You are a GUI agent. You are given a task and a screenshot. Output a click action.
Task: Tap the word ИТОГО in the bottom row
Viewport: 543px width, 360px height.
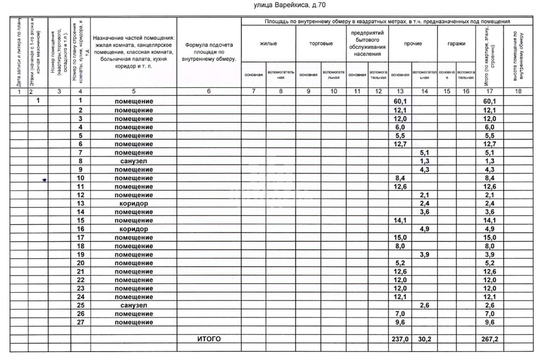[209, 339]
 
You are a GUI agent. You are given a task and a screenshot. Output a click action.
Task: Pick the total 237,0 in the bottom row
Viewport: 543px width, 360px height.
[399, 339]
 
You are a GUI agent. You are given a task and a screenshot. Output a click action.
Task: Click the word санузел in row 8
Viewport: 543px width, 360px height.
[134, 161]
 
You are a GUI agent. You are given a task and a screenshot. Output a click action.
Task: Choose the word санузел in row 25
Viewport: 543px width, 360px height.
[134, 305]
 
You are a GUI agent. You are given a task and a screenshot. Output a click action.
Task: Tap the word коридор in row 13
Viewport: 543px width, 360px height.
[134, 203]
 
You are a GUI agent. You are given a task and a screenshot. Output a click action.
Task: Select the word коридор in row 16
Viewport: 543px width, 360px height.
[134, 229]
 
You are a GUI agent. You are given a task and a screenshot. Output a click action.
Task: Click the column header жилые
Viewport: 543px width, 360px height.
[269, 43]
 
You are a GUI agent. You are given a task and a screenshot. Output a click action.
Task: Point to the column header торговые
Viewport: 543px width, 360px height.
[321, 43]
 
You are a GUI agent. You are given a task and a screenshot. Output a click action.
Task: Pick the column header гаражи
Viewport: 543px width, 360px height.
[456, 43]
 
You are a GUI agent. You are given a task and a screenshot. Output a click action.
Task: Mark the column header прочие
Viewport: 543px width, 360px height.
[413, 43]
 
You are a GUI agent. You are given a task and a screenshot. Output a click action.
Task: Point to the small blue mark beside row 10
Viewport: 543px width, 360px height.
[44, 180]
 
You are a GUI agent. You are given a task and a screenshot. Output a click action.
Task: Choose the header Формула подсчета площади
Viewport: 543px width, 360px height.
[208, 51]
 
